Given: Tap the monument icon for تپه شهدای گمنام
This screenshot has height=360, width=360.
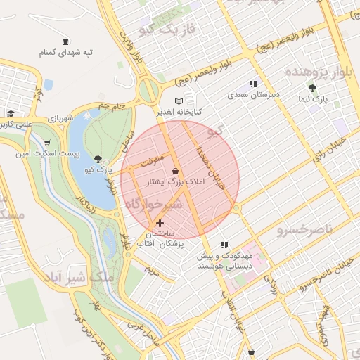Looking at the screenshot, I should [66, 41].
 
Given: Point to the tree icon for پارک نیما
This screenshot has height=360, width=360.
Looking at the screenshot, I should [312, 89].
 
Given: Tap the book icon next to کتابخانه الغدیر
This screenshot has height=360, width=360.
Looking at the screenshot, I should [188, 101].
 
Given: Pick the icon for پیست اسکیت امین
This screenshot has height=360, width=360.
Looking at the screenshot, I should [47, 142].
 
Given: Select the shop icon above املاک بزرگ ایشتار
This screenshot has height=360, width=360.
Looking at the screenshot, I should [175, 171].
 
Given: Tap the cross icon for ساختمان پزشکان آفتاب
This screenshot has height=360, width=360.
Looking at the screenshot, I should [159, 223].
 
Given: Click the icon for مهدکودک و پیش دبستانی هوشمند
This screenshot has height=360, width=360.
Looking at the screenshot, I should [224, 245].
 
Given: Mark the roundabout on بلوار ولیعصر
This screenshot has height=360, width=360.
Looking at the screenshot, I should [148, 91].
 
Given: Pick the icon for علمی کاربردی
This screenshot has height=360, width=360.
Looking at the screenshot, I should [11, 114].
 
